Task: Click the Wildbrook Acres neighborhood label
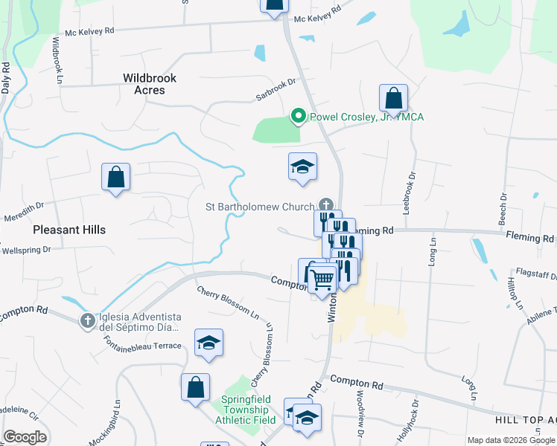click(x=144, y=83)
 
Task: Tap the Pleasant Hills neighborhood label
click(x=69, y=230)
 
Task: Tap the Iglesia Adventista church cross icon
click(x=87, y=320)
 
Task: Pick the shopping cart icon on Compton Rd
click(x=322, y=280)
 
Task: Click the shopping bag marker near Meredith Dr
click(x=115, y=177)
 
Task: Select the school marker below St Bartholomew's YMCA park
click(x=303, y=167)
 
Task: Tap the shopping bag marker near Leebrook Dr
click(x=393, y=98)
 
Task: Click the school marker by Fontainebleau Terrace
click(x=209, y=343)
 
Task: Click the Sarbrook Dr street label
click(x=276, y=87)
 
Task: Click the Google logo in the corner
click(x=25, y=437)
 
